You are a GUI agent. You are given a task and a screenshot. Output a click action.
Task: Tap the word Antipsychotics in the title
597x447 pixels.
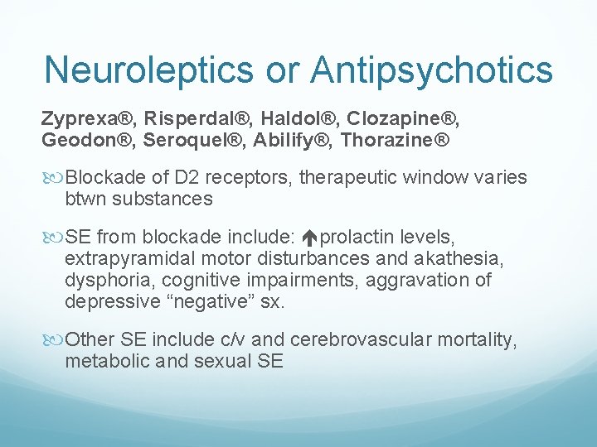pyautogui.click(x=432, y=70)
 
